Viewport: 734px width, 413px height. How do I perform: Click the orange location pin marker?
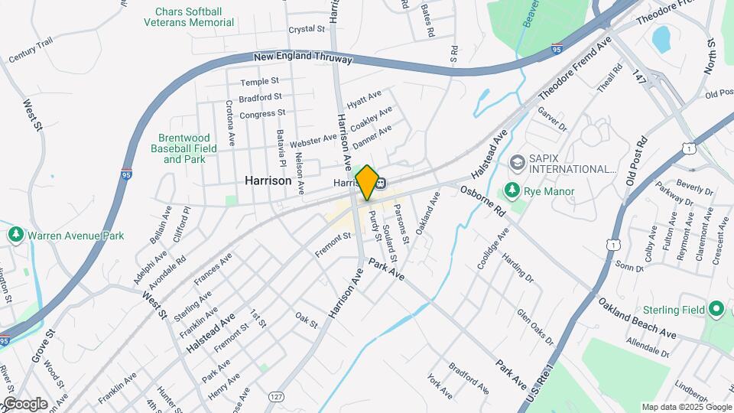click(x=367, y=182)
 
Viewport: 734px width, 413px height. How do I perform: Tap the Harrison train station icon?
click(x=380, y=182)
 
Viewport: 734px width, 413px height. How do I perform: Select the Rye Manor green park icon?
click(x=510, y=190)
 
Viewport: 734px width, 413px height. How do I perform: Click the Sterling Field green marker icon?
click(x=716, y=310)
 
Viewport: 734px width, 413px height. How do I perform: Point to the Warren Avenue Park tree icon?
click(x=15, y=236)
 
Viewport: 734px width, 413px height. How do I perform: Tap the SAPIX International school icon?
click(x=517, y=162)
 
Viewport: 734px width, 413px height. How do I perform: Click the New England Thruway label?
click(x=303, y=58)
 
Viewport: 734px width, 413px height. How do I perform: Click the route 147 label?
click(x=639, y=76)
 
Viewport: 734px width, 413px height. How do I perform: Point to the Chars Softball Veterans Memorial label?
click(x=189, y=17)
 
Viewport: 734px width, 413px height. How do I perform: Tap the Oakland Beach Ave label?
click(x=637, y=318)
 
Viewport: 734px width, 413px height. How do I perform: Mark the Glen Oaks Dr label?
click(x=534, y=327)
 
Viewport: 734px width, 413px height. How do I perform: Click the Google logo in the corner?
click(x=24, y=404)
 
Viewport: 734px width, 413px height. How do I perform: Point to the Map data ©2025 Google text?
click(x=687, y=407)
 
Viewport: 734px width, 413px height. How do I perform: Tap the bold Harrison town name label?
click(x=268, y=181)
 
